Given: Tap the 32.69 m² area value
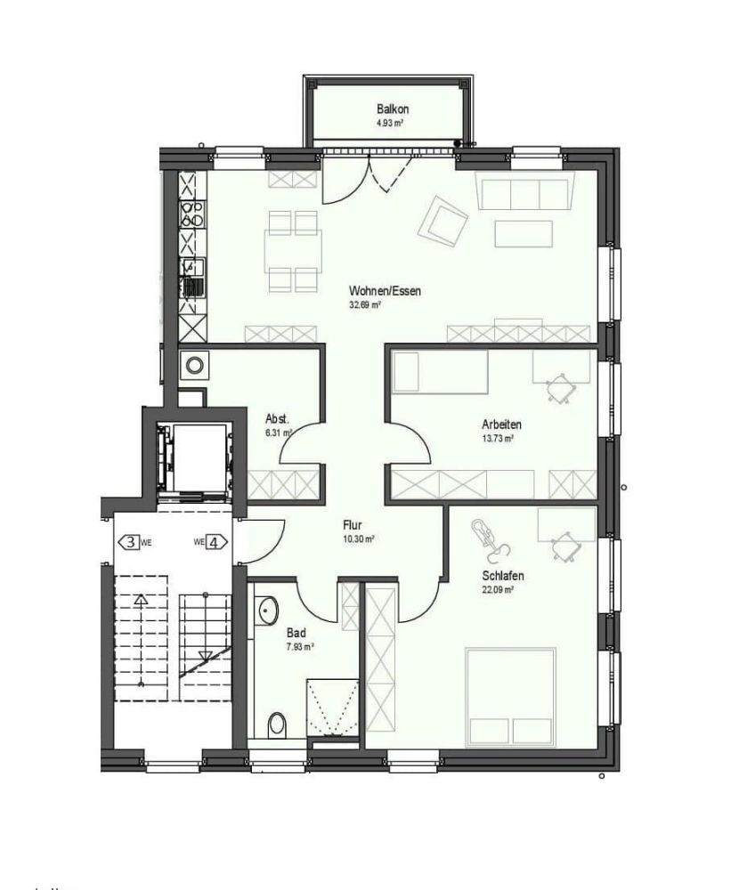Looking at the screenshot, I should [x=364, y=304].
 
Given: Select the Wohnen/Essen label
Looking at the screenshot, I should [x=373, y=290].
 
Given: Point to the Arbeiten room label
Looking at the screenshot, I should [x=501, y=425].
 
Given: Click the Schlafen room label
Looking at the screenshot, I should [x=499, y=575].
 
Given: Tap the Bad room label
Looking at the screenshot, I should [x=296, y=634].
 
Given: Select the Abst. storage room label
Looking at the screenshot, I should [x=277, y=419].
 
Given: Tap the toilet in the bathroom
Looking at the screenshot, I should [x=278, y=724].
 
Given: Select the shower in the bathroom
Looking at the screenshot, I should [x=333, y=708].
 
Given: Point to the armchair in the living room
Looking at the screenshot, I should [x=443, y=219].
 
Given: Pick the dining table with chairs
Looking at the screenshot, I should [x=291, y=252].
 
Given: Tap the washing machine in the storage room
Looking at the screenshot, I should [x=194, y=363].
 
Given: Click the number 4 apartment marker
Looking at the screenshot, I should [x=213, y=542].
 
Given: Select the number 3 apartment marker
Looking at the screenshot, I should [x=131, y=542].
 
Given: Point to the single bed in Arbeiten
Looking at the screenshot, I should [x=441, y=371].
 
